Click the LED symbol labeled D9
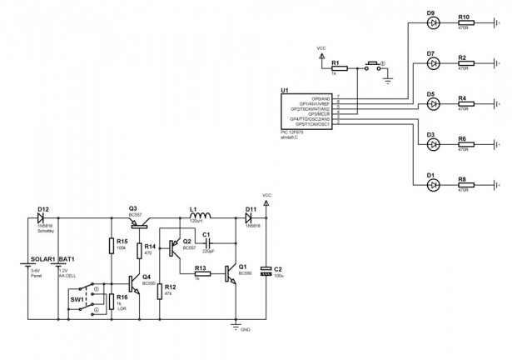pos(432,23)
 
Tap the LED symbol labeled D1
pos(432,184)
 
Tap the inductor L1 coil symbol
pos(196,217)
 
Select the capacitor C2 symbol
pos(266,270)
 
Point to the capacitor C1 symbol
pos(206,243)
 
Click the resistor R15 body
pos(111,245)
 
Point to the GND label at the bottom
pos(245,330)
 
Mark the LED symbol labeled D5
pos(432,104)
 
